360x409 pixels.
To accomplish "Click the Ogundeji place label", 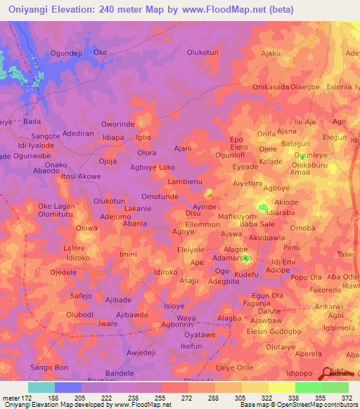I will pyautogui.click(x=67, y=53).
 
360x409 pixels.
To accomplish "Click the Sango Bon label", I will pyautogui.click(x=49, y=368).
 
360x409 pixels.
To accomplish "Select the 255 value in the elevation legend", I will pyautogui.click(x=161, y=398).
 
